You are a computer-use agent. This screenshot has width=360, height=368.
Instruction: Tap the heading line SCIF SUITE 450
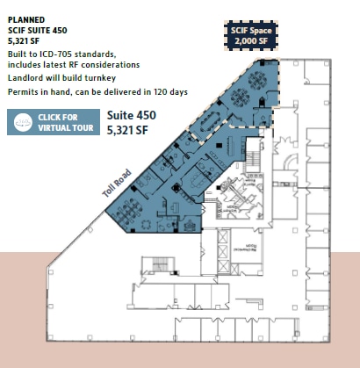click(39, 28)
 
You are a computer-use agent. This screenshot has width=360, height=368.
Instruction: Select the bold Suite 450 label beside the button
click(133, 115)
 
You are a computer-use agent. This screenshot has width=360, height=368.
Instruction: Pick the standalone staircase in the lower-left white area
click(161, 265)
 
